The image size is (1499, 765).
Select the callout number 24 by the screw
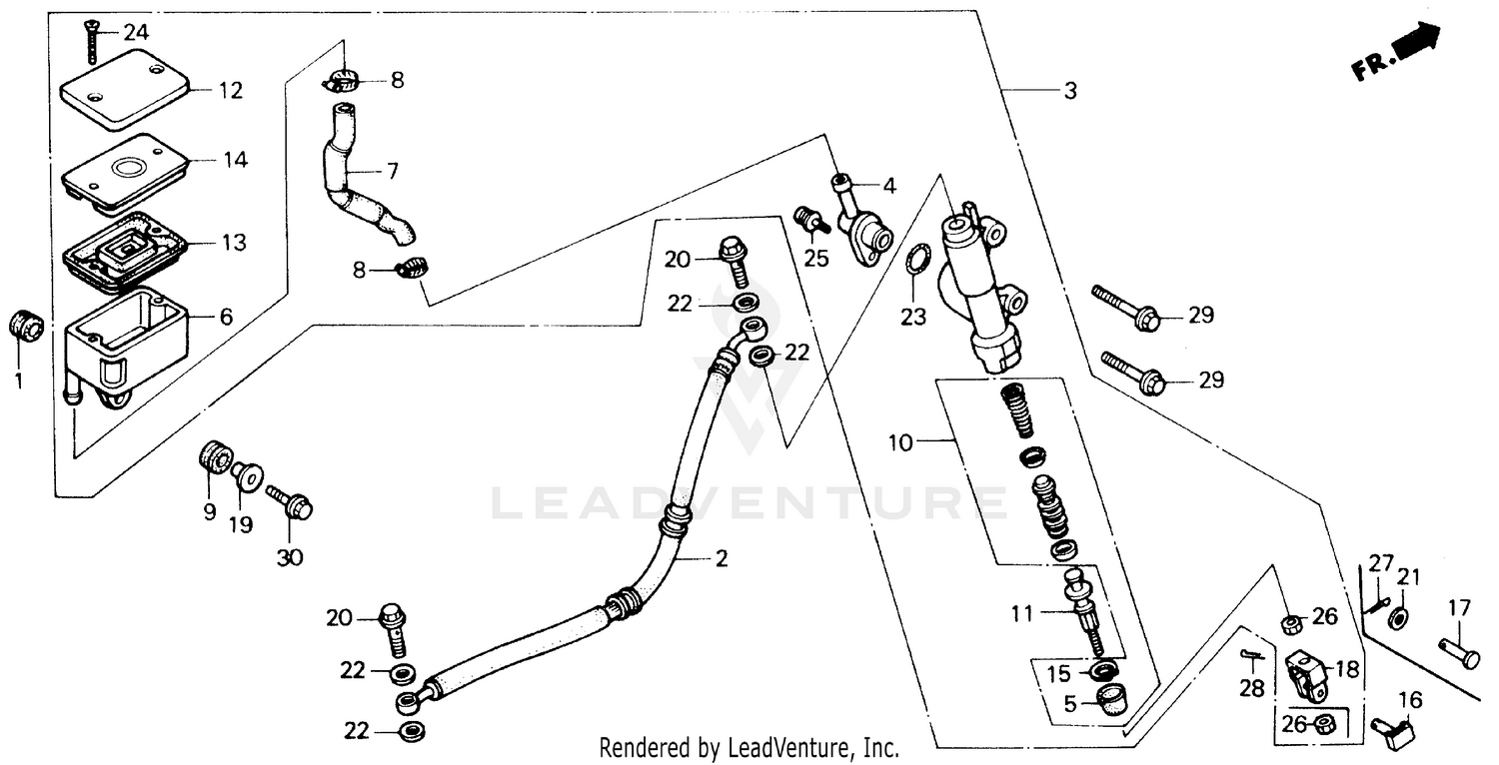tap(136, 32)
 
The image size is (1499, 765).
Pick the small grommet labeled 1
tap(25, 325)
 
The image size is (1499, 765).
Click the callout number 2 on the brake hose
tap(721, 558)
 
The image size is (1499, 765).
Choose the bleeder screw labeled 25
tap(811, 220)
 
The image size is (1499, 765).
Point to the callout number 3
tap(1069, 91)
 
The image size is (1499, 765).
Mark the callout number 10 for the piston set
tap(900, 442)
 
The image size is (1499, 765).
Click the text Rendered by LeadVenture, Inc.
tap(749, 747)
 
